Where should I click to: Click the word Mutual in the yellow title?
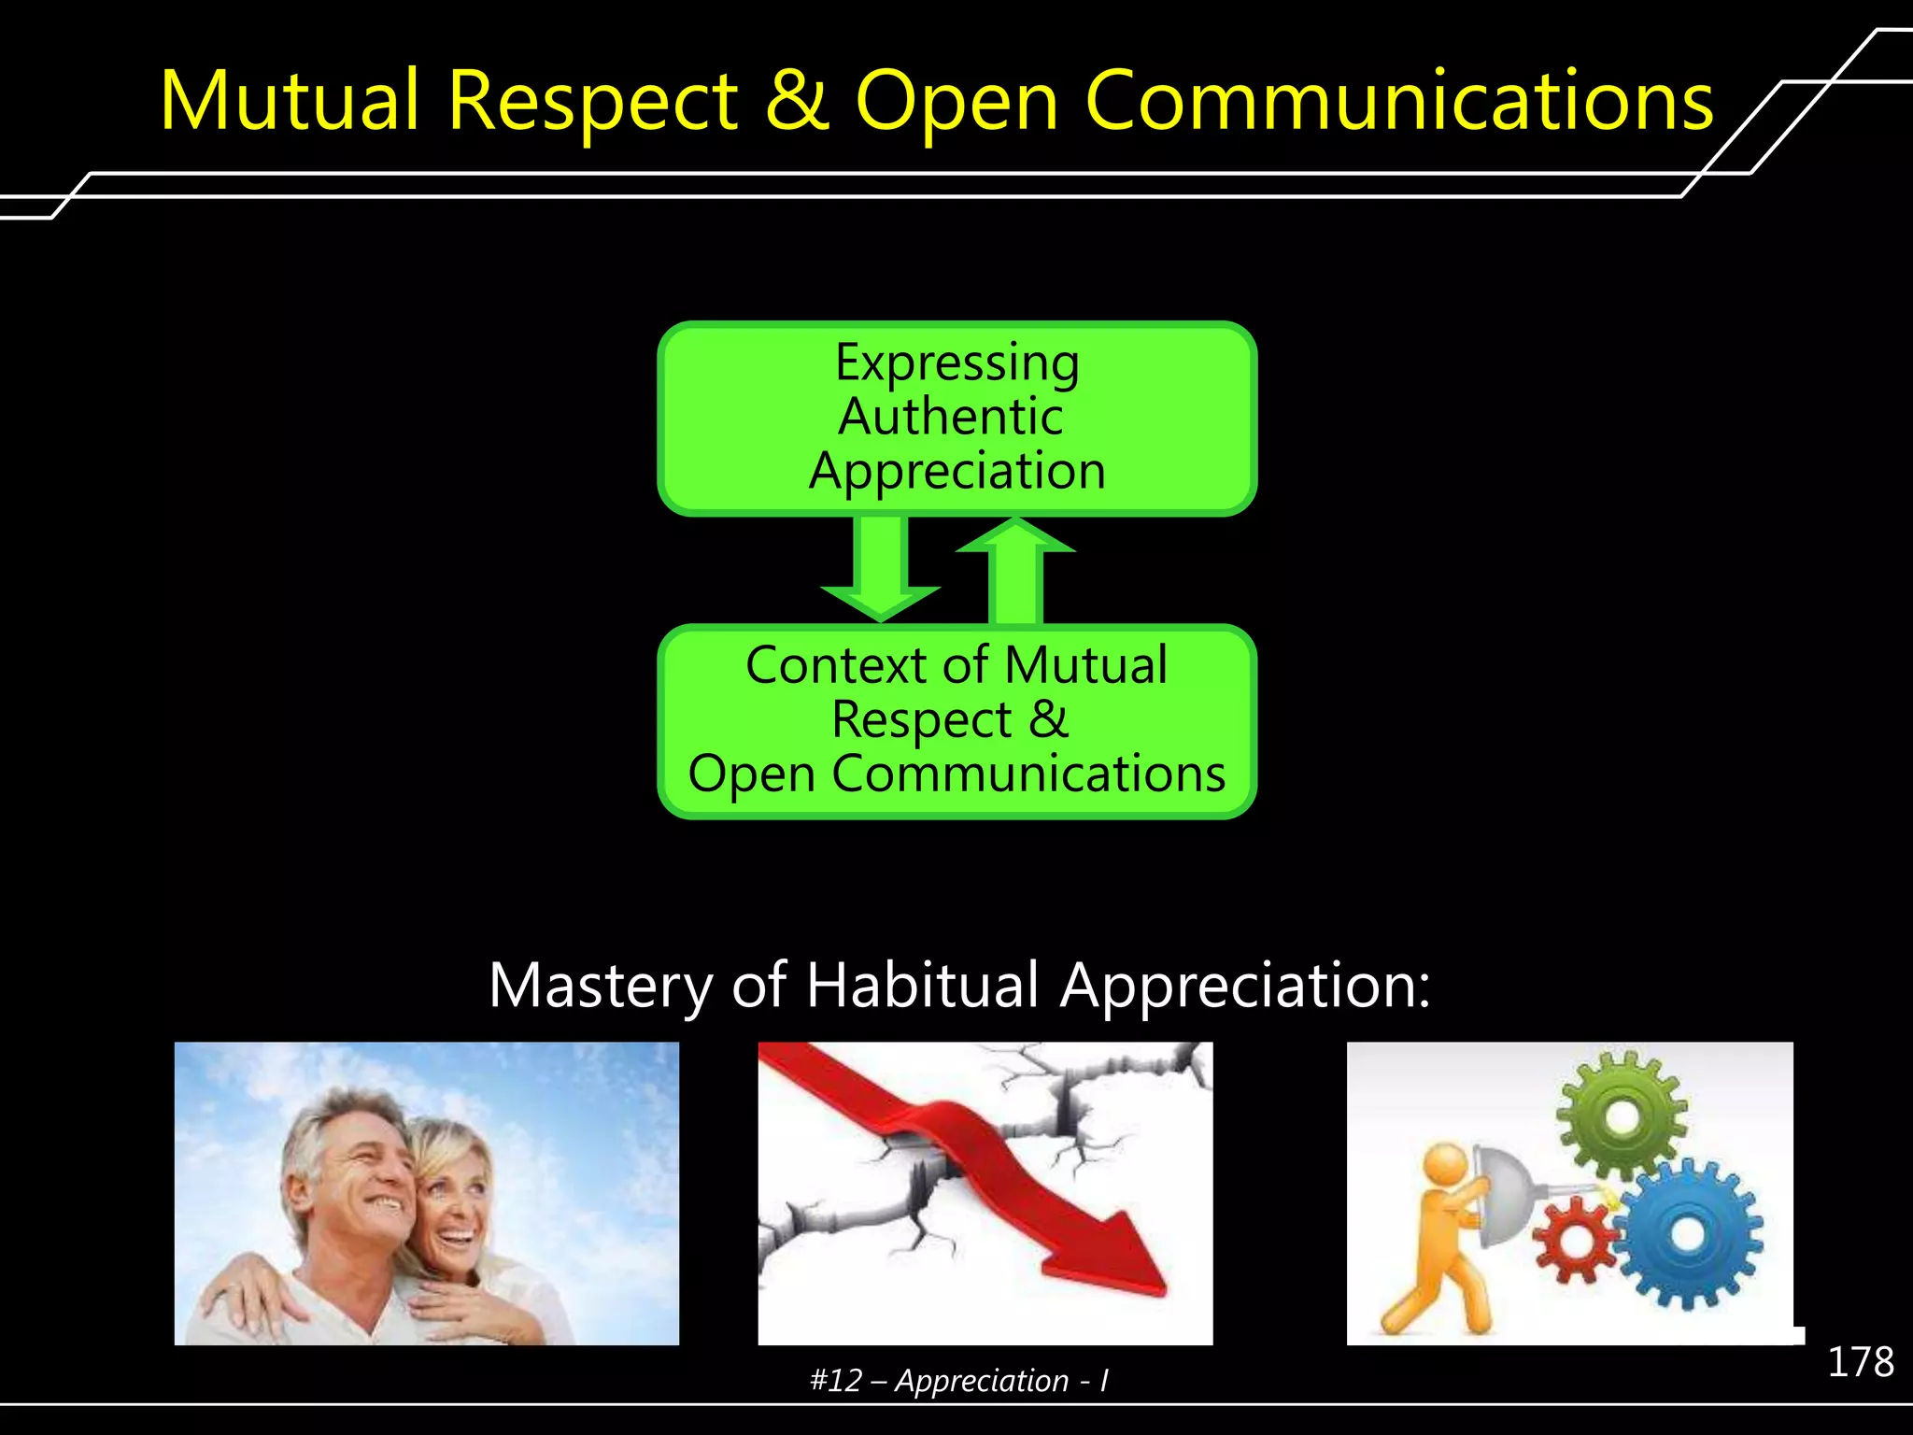290,100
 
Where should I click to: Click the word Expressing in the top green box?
956,363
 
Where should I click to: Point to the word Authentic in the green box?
950,417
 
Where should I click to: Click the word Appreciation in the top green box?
956,470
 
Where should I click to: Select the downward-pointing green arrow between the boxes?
880,570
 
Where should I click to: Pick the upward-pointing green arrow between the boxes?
1015,570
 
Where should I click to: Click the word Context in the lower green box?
836,665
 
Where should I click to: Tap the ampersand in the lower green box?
1048,719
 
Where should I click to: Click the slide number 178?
1860,1362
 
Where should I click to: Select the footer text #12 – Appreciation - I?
958,1381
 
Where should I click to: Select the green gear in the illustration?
1623,1115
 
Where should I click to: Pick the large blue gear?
1689,1233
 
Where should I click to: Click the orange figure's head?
1447,1168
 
